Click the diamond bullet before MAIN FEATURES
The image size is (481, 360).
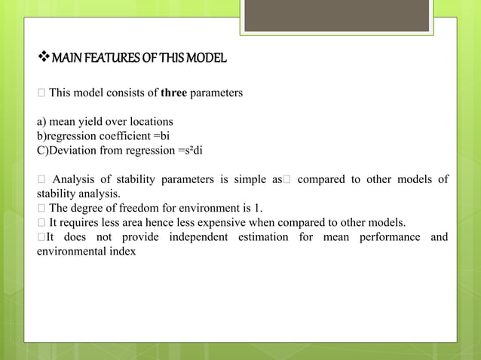(42, 58)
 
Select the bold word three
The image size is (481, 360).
(173, 93)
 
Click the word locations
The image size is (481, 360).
(149, 121)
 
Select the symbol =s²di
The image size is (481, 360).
(190, 150)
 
